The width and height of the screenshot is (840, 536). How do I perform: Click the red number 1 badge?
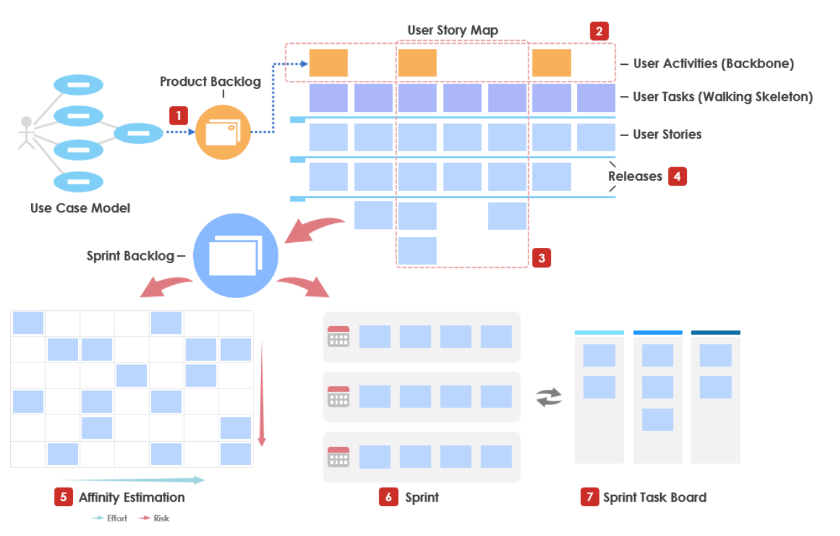179,115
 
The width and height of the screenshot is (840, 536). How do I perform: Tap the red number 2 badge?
599,31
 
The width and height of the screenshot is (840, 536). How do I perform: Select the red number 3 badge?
541,258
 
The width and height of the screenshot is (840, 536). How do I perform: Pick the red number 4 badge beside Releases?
677,176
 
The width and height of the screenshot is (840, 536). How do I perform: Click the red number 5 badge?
64,497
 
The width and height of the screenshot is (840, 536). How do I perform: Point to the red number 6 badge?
388,497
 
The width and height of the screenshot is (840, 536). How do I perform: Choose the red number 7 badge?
590,497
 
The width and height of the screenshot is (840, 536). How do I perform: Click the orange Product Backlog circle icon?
223,132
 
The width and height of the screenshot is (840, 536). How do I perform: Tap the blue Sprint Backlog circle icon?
236,256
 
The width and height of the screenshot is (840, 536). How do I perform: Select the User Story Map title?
452,30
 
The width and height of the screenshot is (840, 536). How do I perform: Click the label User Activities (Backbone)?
713,63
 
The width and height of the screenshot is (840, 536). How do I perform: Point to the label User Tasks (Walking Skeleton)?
722,97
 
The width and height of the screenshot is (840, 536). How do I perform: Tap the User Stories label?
667,134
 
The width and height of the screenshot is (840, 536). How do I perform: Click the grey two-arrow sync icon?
549,398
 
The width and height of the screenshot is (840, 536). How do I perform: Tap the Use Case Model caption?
80,208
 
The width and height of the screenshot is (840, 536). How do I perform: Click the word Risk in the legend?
161,518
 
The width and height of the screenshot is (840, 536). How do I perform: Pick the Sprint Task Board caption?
654,497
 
